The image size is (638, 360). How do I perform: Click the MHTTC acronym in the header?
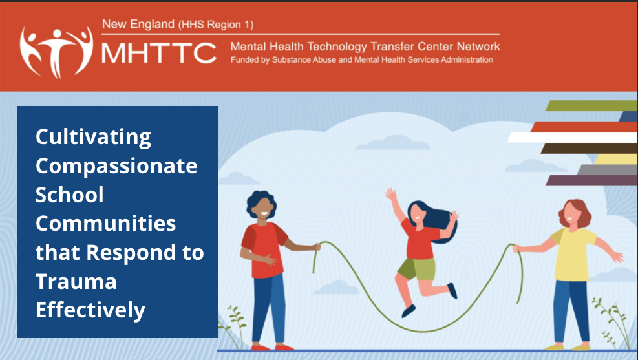tap(159, 53)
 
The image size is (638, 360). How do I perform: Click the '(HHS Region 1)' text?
tap(215, 25)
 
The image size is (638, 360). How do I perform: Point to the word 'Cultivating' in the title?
tap(93, 137)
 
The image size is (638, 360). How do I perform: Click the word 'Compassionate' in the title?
tap(116, 165)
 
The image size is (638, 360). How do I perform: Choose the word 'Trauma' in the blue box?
tap(76, 281)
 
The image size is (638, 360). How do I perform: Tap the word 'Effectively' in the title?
tap(90, 310)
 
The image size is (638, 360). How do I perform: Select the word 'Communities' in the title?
tap(105, 224)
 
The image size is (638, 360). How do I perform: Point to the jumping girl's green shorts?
tap(415, 268)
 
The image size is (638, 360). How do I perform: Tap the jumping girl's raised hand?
tap(390, 194)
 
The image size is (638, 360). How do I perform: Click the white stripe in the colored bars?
tap(569, 137)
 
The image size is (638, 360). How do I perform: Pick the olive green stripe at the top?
tap(591, 105)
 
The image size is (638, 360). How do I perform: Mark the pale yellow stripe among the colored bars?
tap(614, 159)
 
